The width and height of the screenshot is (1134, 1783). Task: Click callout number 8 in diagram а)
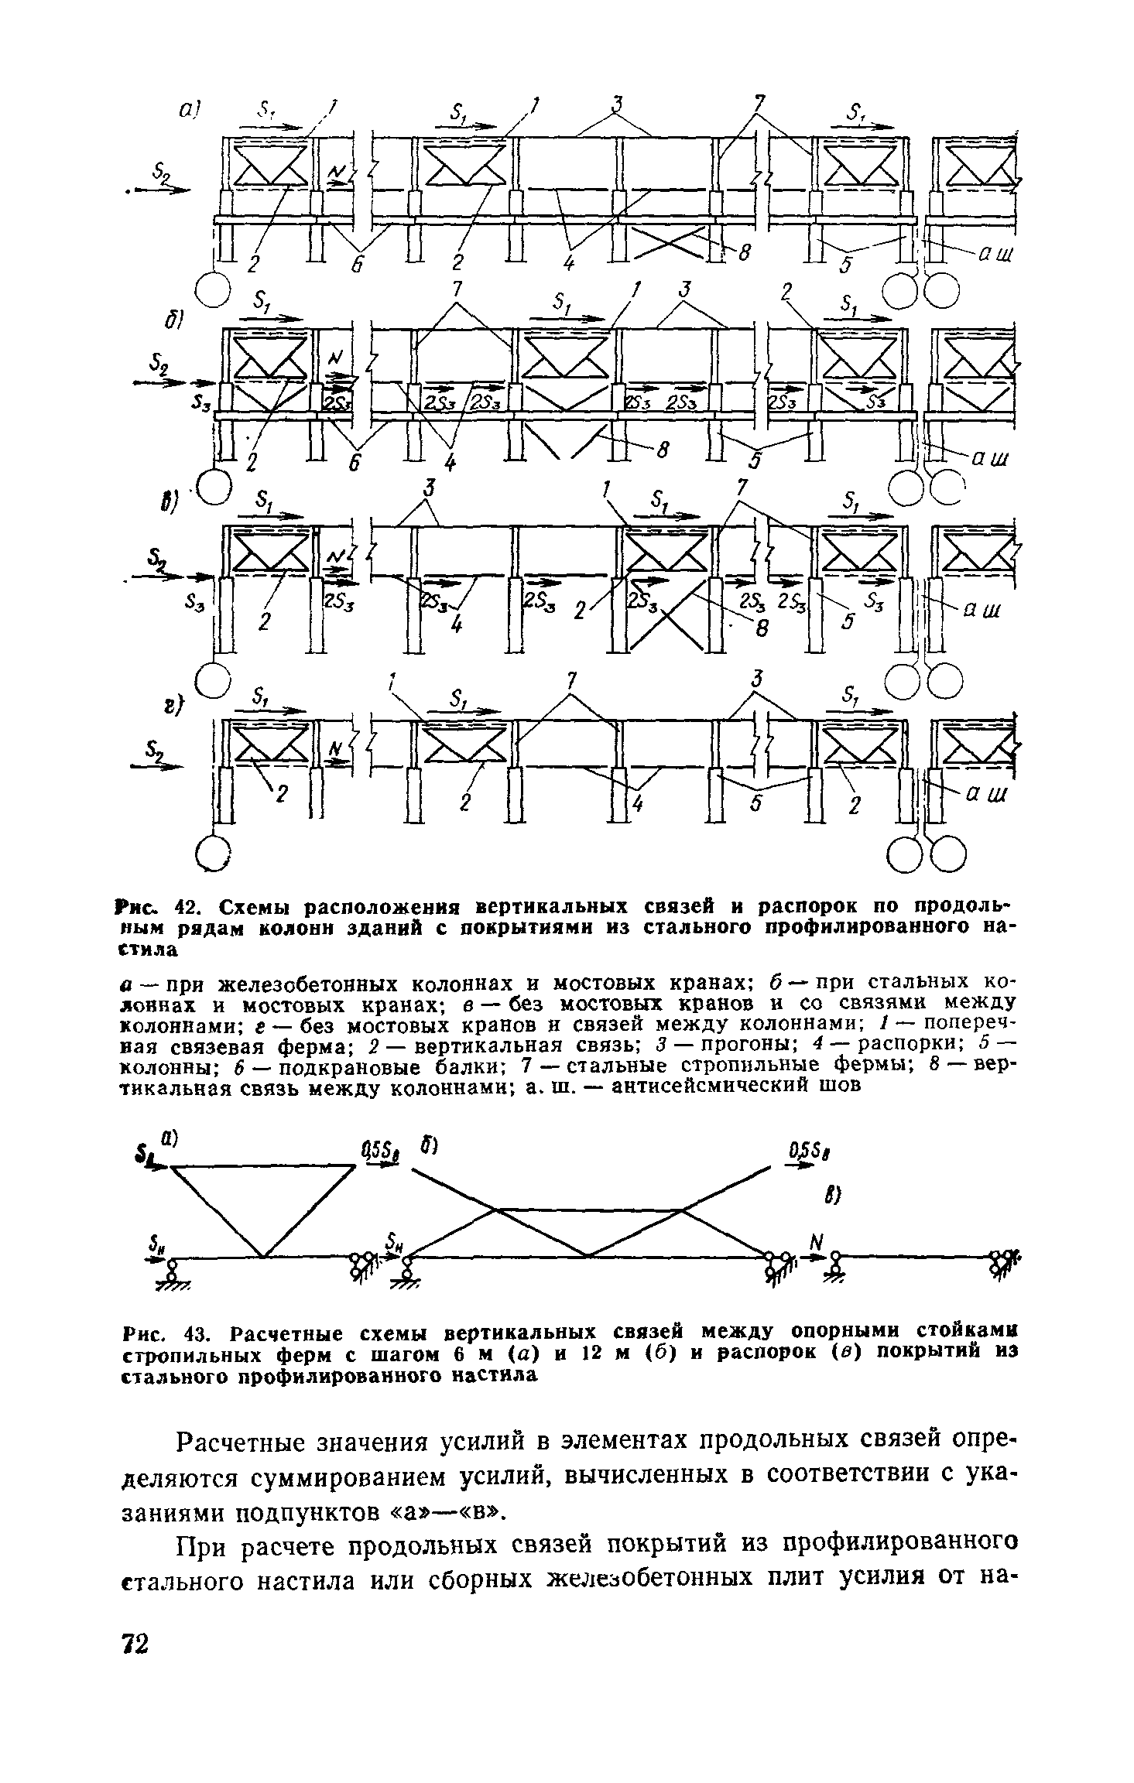click(x=745, y=252)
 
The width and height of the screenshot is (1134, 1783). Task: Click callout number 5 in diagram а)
click(x=846, y=265)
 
